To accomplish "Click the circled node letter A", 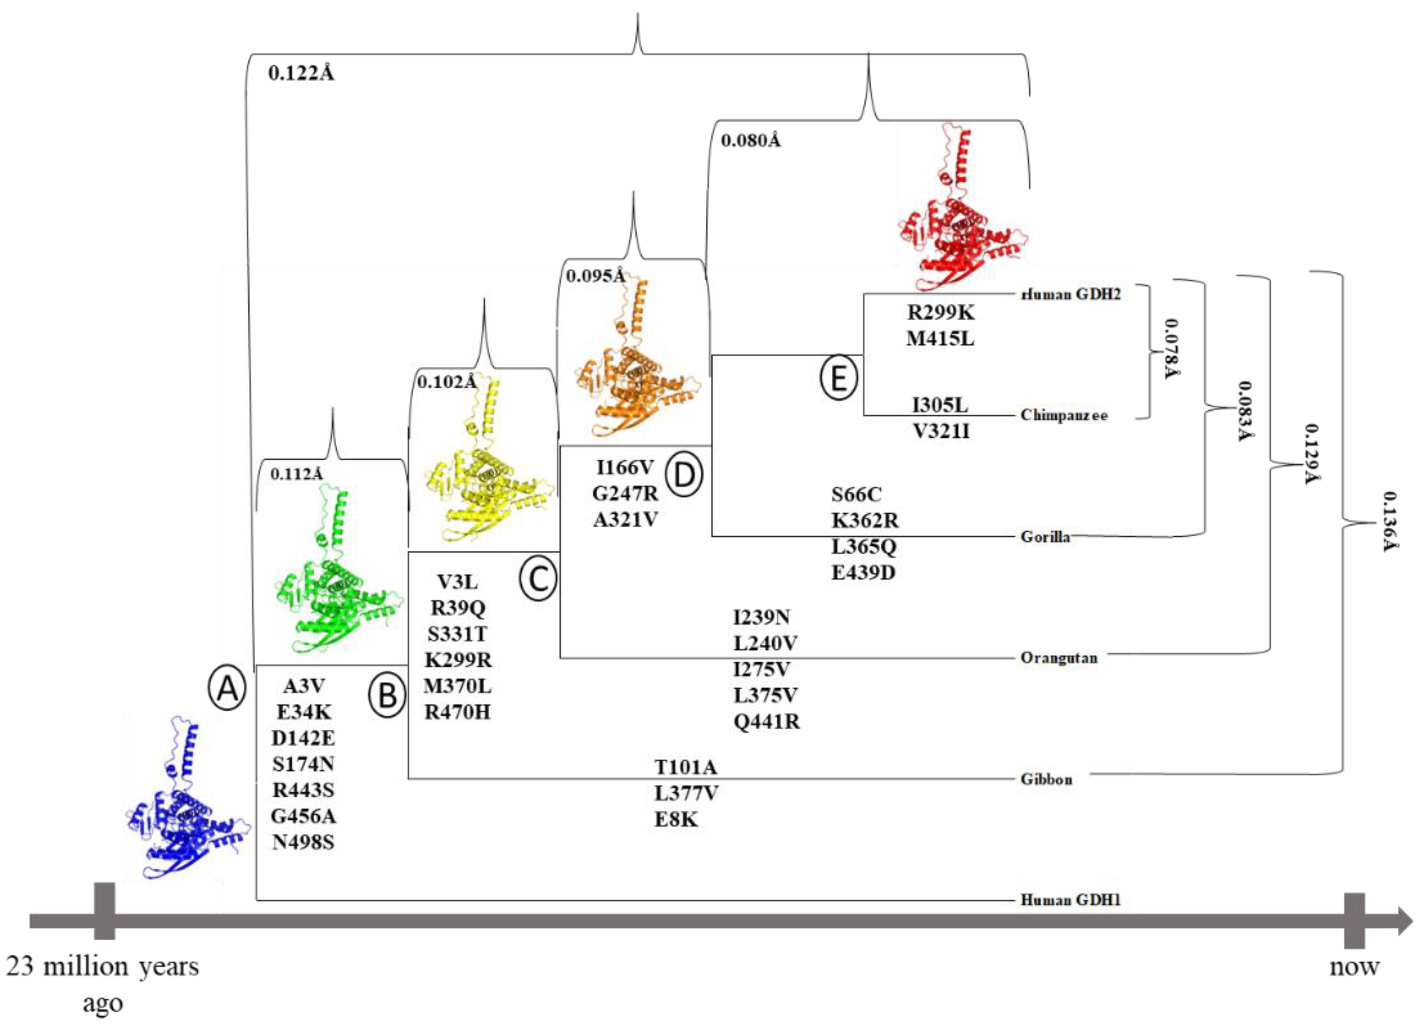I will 227,687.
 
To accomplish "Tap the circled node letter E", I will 839,378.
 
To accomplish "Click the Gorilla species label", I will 1045,537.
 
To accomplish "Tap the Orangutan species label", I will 1058,658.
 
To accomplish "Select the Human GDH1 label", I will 1070,900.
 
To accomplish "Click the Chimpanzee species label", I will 1063,416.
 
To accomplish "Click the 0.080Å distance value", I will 751,141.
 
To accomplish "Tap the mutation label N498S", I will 303,842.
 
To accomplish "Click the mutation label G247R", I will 625,494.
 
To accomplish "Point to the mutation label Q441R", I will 766,722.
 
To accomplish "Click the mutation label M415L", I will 940,338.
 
